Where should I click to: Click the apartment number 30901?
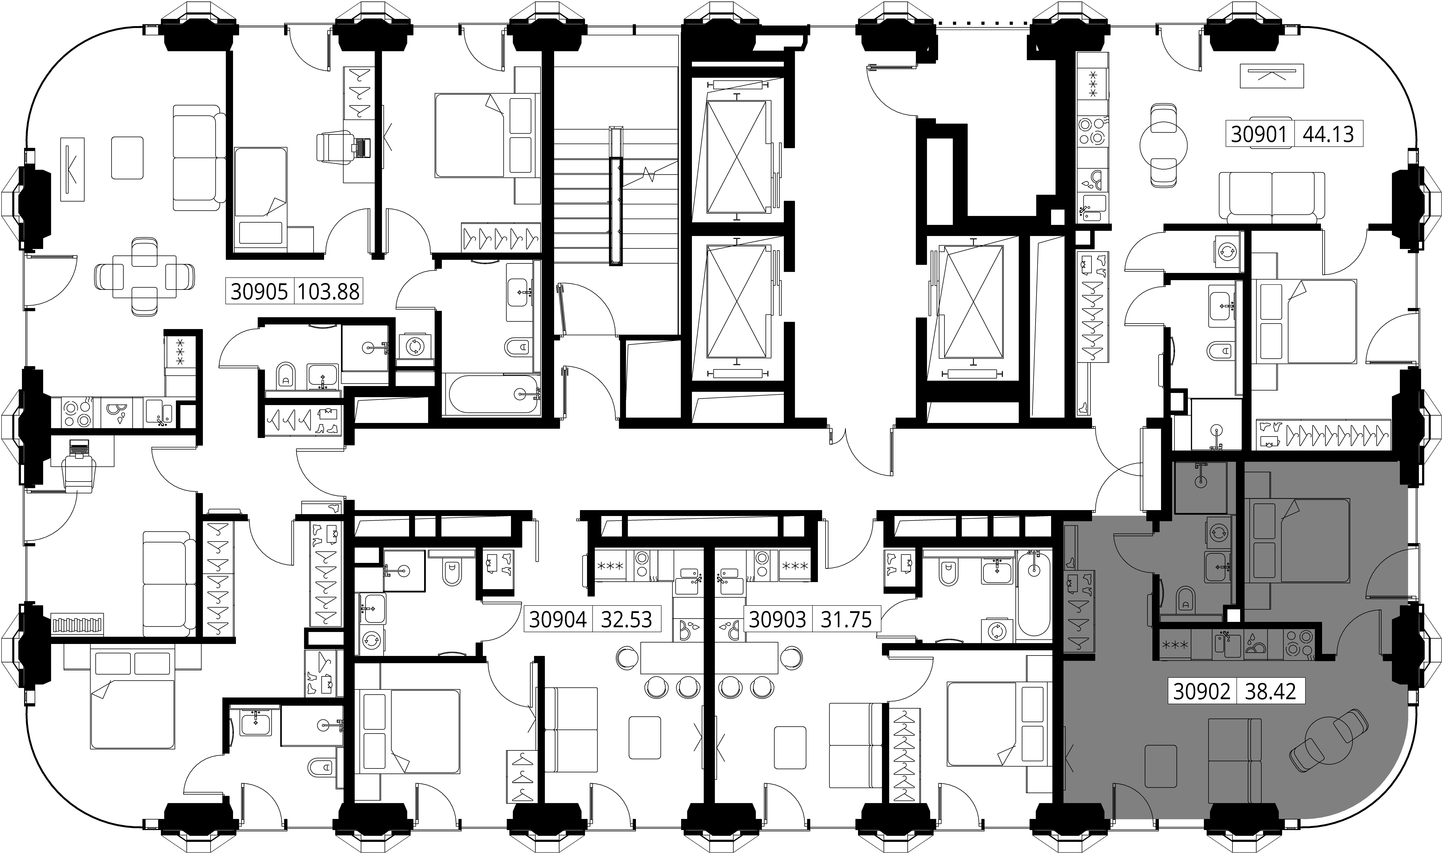[1259, 134]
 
